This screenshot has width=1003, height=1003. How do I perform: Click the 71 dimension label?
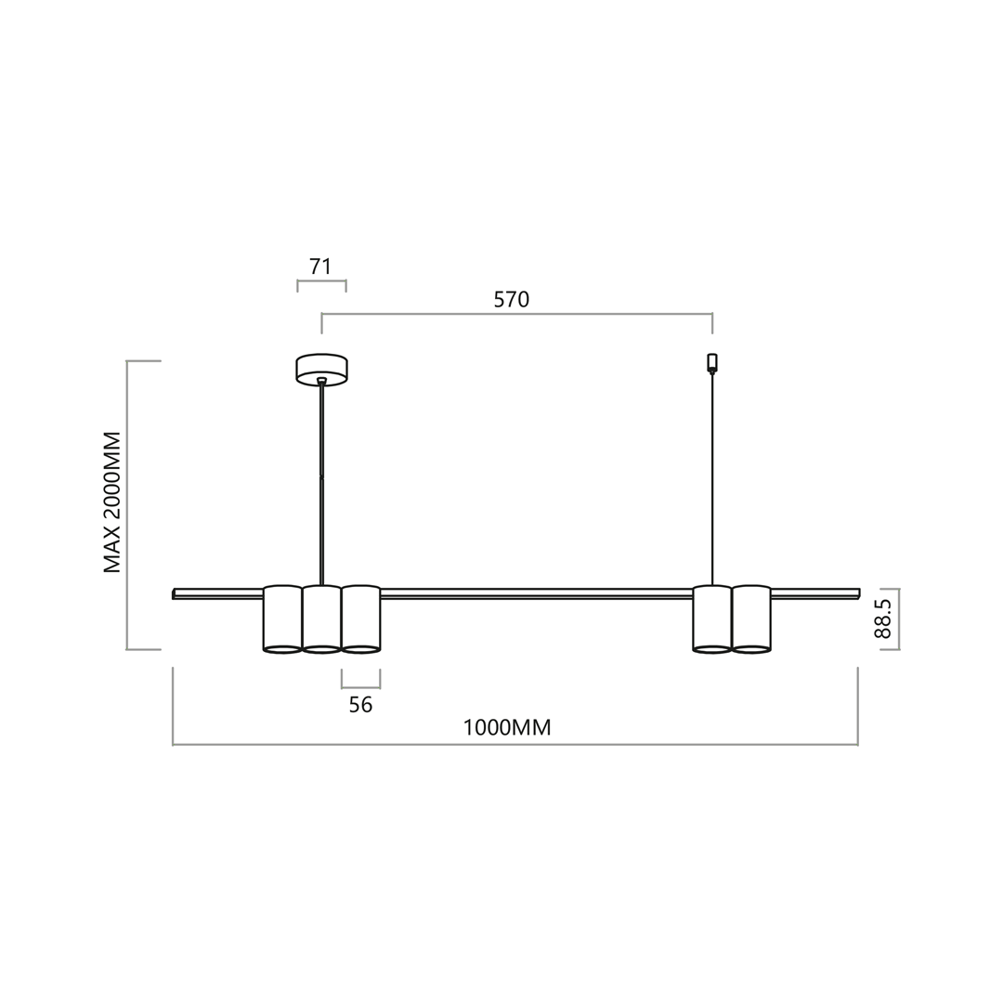[x=320, y=266]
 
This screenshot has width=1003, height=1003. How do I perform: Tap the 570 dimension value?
[x=511, y=298]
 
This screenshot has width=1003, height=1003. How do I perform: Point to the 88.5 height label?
[x=882, y=619]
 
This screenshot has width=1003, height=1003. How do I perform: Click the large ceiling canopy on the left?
[x=321, y=368]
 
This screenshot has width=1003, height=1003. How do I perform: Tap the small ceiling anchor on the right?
[x=712, y=361]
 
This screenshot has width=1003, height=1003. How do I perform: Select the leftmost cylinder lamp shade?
[x=282, y=619]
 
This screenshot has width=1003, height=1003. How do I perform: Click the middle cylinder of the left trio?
[x=321, y=619]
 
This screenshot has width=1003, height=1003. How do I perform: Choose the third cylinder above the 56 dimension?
[x=360, y=619]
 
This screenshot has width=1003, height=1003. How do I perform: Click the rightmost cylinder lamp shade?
[x=751, y=619]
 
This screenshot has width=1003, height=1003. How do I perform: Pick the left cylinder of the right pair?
[x=712, y=619]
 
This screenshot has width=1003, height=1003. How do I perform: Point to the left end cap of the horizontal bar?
[x=174, y=594]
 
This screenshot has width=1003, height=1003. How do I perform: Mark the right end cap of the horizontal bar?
[x=858, y=594]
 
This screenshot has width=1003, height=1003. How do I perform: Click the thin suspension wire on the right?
[x=712, y=483]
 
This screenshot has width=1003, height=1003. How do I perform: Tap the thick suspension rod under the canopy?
[x=321, y=483]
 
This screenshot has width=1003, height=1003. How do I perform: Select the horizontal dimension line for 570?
[x=516, y=314]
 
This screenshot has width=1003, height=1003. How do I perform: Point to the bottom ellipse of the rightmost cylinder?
[x=751, y=649]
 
